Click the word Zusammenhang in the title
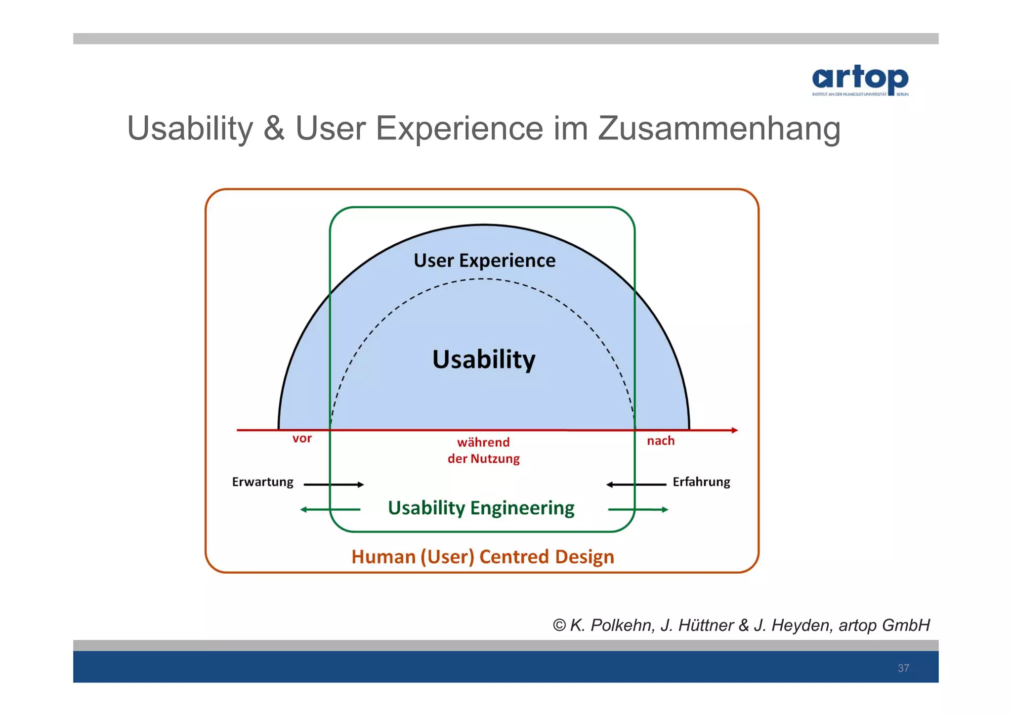pyautogui.click(x=719, y=129)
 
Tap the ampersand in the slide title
pyautogui.click(x=274, y=129)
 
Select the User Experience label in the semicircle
pyautogui.click(x=484, y=261)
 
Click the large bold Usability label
pyautogui.click(x=484, y=359)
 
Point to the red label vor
pyautogui.click(x=302, y=439)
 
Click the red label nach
pyautogui.click(x=661, y=441)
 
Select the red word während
pyautogui.click(x=483, y=442)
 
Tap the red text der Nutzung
pyautogui.click(x=483, y=459)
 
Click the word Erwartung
pyautogui.click(x=262, y=482)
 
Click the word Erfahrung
pyautogui.click(x=701, y=482)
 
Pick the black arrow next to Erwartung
pyautogui.click(x=334, y=485)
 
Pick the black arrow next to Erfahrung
pyautogui.click(x=636, y=485)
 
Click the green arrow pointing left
pyautogui.click(x=330, y=509)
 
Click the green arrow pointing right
pyautogui.click(x=638, y=509)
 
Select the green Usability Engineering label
pyautogui.click(x=481, y=508)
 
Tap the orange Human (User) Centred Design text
pyautogui.click(x=483, y=557)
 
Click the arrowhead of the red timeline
pyautogui.click(x=734, y=430)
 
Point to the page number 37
pyautogui.click(x=903, y=668)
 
